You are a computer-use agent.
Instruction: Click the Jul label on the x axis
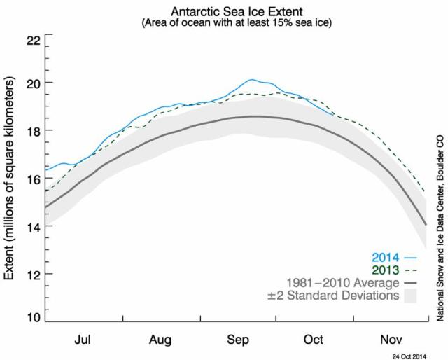83,340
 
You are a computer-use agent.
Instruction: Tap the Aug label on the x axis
160,340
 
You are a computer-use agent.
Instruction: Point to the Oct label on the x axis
313,340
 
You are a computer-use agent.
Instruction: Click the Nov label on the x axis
390,340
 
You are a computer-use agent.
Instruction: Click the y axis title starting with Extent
10,179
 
